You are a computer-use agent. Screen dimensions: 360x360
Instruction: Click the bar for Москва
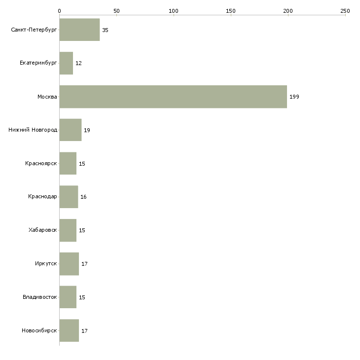tap(173, 97)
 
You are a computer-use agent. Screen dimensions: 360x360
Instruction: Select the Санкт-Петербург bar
tap(79, 30)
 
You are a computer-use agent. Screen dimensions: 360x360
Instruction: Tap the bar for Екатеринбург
tap(66, 63)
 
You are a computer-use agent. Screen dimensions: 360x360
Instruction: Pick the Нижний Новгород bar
tap(71, 130)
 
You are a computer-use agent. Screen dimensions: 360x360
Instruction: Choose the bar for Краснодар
tap(69, 197)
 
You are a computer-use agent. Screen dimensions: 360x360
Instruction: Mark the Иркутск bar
tap(69, 264)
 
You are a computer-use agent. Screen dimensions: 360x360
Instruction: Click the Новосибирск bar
tap(69, 330)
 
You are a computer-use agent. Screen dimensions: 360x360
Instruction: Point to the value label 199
tap(294, 97)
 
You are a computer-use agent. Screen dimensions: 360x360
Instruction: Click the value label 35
tap(105, 30)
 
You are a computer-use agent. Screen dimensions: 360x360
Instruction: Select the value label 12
tap(78, 63)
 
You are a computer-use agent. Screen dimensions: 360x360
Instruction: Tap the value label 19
tap(87, 130)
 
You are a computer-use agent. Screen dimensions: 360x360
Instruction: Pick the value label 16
tap(83, 197)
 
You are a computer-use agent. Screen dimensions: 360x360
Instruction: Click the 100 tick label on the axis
tap(173, 11)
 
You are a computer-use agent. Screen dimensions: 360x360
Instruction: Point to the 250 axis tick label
tap(345, 11)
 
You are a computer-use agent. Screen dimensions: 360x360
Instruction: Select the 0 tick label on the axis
tap(59, 11)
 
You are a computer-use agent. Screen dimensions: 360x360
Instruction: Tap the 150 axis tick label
tap(230, 11)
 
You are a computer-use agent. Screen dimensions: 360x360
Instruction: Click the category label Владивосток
tap(40, 297)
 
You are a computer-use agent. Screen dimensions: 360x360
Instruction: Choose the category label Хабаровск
tap(43, 230)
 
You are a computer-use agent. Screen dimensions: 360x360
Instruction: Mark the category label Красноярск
tap(41, 163)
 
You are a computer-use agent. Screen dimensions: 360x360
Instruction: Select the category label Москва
tap(47, 97)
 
